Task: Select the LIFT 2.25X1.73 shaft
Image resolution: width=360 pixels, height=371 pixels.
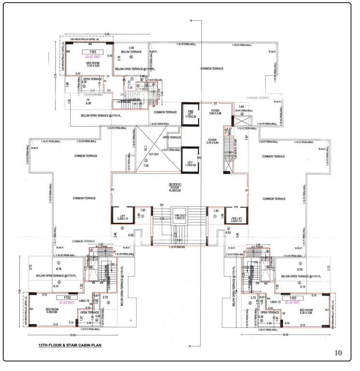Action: [x=121, y=216]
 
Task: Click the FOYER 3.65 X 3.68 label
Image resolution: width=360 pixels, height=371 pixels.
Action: [x=215, y=113]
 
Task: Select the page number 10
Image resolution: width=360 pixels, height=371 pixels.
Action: [x=338, y=353]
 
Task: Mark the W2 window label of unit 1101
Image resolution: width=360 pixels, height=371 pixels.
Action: [x=90, y=42]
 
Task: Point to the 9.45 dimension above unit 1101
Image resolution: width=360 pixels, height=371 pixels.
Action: [x=107, y=33]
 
